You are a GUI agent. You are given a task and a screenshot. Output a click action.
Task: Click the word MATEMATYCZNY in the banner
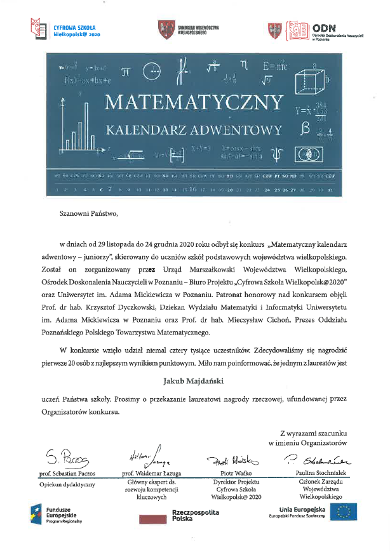pyautogui.click(x=194, y=102)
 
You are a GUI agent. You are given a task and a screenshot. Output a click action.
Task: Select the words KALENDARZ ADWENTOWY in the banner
pyautogui.click(x=194, y=131)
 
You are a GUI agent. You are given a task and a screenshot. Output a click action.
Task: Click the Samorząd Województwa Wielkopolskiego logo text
pyautogui.click(x=198, y=30)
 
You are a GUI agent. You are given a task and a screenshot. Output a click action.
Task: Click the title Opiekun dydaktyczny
pyautogui.click(x=67, y=484)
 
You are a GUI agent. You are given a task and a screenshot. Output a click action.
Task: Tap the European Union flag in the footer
pyautogui.click(x=342, y=511)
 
